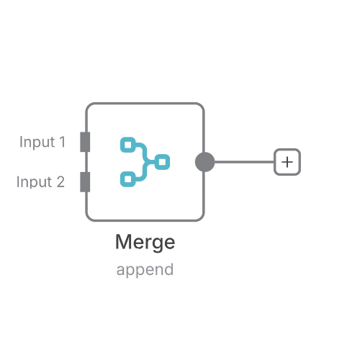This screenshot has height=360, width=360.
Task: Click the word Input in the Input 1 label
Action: pyautogui.click(x=37, y=142)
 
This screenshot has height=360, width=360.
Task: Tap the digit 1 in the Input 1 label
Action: pyautogui.click(x=62, y=142)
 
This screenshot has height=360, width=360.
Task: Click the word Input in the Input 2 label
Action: pyautogui.click(x=35, y=181)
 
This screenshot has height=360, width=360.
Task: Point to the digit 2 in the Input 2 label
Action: pyautogui.click(x=60, y=181)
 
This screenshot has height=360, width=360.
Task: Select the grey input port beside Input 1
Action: pyautogui.click(x=85, y=142)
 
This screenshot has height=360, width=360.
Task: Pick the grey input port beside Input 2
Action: pyautogui.click(x=85, y=182)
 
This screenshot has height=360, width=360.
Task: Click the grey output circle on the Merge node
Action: pyautogui.click(x=204, y=162)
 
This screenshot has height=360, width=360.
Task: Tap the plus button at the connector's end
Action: pyautogui.click(x=287, y=162)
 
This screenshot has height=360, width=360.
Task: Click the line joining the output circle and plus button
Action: pyautogui.click(x=244, y=162)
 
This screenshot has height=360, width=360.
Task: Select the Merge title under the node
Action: pyautogui.click(x=145, y=243)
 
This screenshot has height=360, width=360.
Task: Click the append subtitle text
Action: pyautogui.click(x=145, y=270)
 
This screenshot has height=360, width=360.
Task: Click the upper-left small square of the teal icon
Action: pyautogui.click(x=128, y=145)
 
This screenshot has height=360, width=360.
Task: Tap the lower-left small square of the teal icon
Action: pyautogui.click(x=128, y=179)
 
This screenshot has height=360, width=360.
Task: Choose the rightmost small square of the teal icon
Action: pyautogui.click(x=162, y=162)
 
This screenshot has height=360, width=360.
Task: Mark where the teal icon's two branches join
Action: pyautogui.click(x=145, y=162)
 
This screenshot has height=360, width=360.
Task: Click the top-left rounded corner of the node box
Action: pyautogui.click(x=89, y=105)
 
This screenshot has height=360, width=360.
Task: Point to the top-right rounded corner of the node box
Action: pyautogui.click(x=202, y=105)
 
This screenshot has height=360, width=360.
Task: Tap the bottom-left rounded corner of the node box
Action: pyautogui.click(x=89, y=219)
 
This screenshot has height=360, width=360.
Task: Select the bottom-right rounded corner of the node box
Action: pyautogui.click(x=202, y=219)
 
